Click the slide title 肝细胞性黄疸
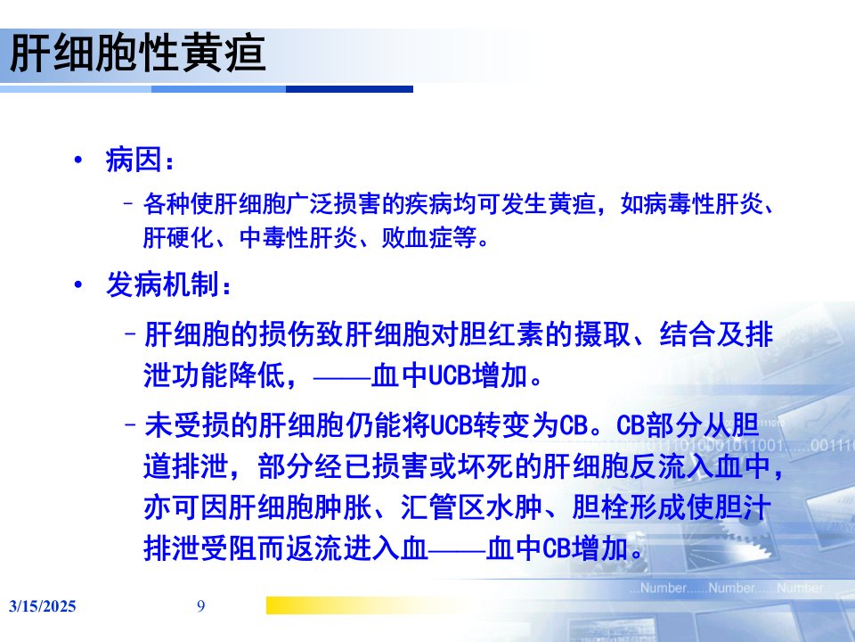point(137,53)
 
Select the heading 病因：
point(140,160)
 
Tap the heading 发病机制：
point(168,284)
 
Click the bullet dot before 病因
point(78,160)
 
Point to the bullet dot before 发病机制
point(78,284)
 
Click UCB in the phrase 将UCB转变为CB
point(451,425)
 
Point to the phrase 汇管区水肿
point(471,507)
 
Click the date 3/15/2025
point(43,606)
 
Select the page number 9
point(200,606)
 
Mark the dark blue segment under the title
point(349,89)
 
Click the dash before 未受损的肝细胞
point(131,425)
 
